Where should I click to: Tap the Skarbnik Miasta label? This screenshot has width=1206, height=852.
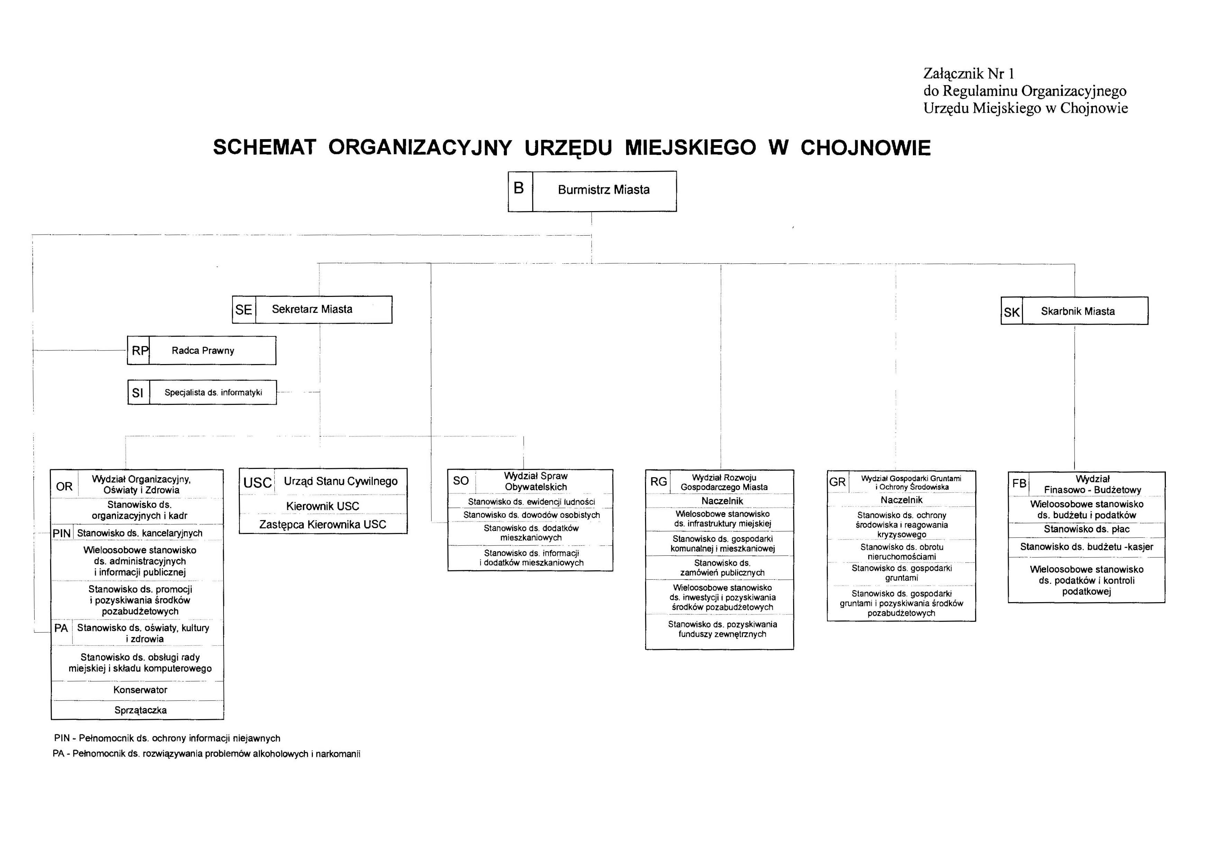(1077, 311)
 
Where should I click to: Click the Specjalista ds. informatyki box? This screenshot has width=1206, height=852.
(213, 393)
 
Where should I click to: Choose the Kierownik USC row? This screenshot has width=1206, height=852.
(323, 506)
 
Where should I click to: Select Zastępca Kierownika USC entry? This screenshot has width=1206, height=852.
(323, 525)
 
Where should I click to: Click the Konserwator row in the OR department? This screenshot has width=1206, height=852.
(140, 690)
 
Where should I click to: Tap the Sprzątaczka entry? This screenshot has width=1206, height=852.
(140, 710)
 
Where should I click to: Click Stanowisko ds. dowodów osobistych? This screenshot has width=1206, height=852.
(531, 515)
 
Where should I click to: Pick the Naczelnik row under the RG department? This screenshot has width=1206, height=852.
(722, 501)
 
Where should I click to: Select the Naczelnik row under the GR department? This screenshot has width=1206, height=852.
(901, 500)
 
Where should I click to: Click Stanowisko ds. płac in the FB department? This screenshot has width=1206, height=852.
(1086, 529)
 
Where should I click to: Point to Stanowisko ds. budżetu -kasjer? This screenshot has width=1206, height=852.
(1086, 547)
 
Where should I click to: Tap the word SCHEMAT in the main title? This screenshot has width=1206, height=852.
(264, 148)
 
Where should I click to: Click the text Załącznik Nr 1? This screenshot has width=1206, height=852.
(969, 74)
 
